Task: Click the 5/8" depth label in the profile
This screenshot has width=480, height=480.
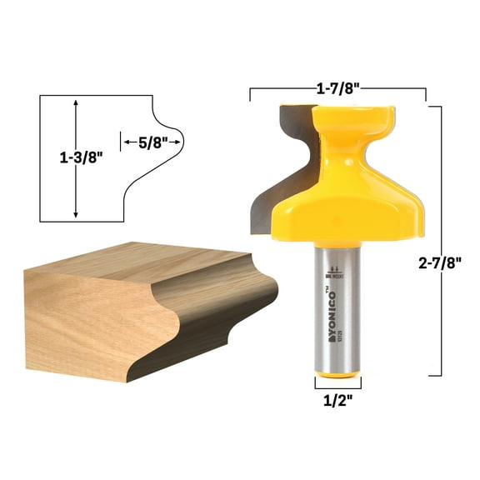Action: pos(152,142)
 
